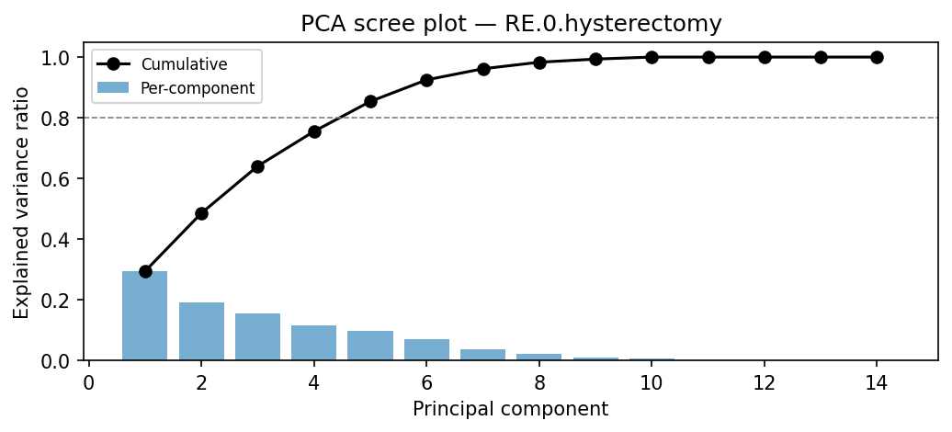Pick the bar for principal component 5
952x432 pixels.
pyautogui.click(x=370, y=346)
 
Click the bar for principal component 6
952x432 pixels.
pyautogui.click(x=426, y=349)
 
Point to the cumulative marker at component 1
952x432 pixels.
pyautogui.click(x=145, y=271)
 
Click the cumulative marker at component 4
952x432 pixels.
pyautogui.click(x=314, y=131)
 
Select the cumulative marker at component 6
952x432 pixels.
pyautogui.click(x=426, y=80)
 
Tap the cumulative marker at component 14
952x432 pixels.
pyautogui.click(x=877, y=57)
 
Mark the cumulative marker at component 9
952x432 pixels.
pyautogui.click(x=595, y=59)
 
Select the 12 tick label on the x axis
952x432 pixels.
pyautogui.click(x=764, y=382)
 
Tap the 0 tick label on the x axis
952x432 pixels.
pyautogui.click(x=89, y=382)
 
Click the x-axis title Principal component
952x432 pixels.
pyautogui.click(x=510, y=409)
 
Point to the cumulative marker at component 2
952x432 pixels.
pyautogui.click(x=201, y=213)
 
